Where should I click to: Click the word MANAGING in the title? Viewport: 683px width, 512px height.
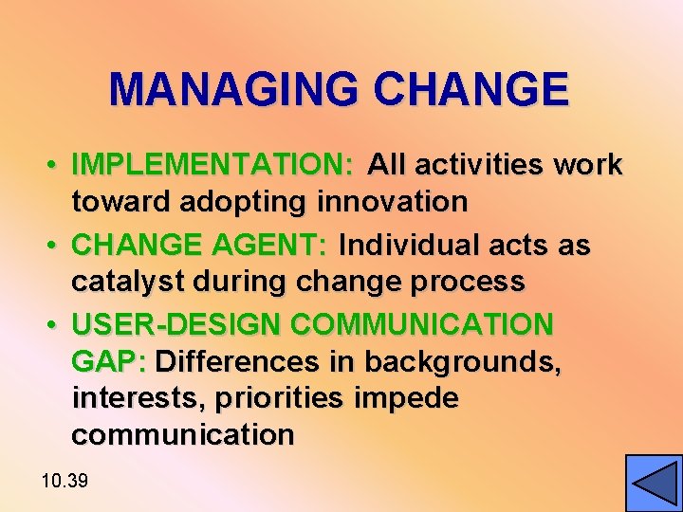(x=236, y=90)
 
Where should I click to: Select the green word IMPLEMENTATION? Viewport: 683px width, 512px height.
(x=213, y=165)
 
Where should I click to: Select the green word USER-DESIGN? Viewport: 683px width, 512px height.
(x=176, y=325)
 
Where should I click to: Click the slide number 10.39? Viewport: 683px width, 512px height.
(x=65, y=482)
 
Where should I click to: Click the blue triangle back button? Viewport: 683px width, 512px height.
(x=654, y=484)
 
